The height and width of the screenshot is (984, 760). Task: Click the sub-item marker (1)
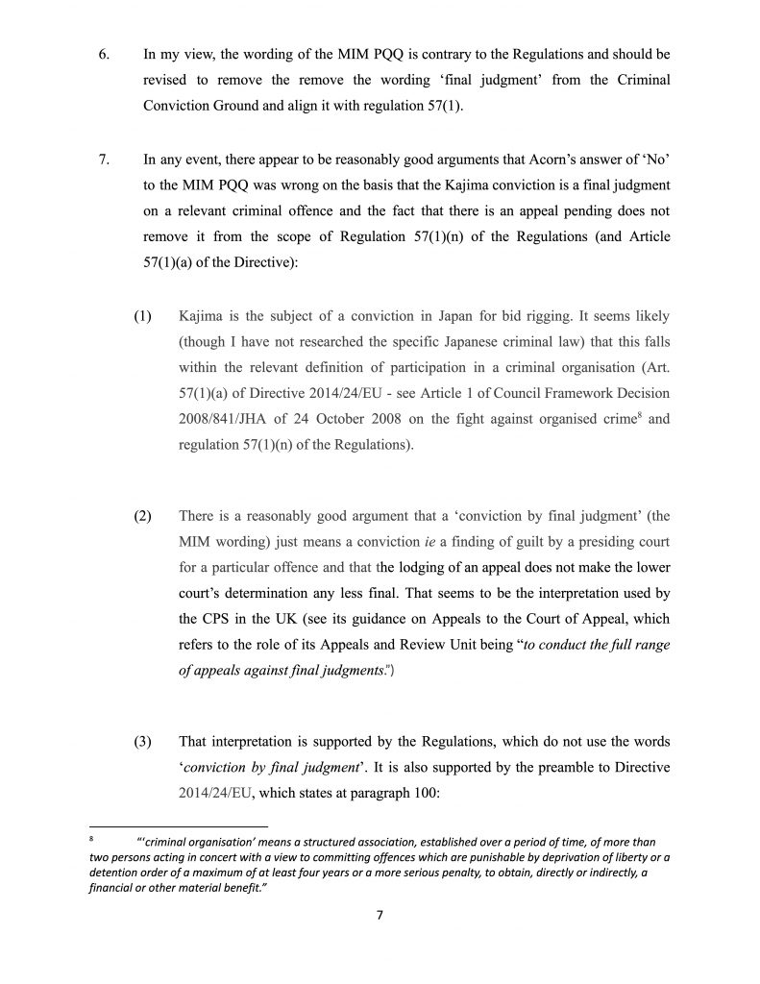pos(143,316)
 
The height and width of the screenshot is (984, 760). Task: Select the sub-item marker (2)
pos(143,516)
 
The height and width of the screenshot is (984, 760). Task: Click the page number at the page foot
pos(380,914)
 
